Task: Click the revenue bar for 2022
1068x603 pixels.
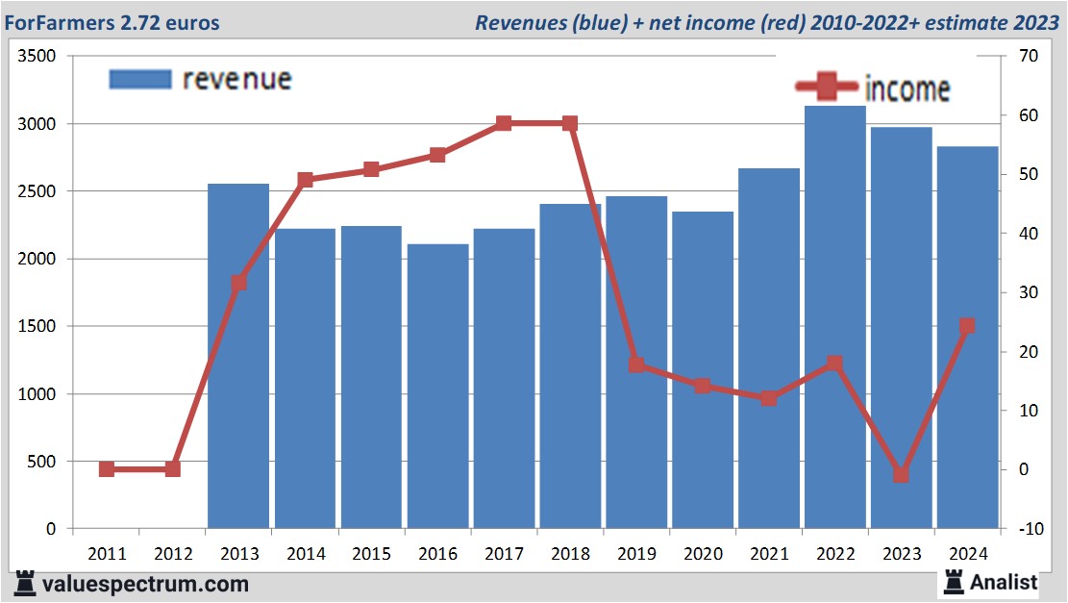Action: tap(834, 317)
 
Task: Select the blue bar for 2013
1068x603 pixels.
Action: tap(238, 356)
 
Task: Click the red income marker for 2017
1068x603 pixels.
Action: tap(504, 123)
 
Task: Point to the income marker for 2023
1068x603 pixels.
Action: tap(901, 474)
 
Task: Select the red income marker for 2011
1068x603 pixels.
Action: tap(107, 469)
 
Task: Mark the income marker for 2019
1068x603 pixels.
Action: tap(636, 364)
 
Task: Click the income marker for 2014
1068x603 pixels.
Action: tap(306, 180)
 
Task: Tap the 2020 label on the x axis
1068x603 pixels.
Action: tap(703, 554)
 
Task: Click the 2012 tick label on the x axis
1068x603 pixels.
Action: tap(173, 554)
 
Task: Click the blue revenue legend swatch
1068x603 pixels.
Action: tap(140, 79)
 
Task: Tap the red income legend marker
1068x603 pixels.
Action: tap(826, 88)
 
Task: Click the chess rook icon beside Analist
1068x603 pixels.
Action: tap(955, 581)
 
